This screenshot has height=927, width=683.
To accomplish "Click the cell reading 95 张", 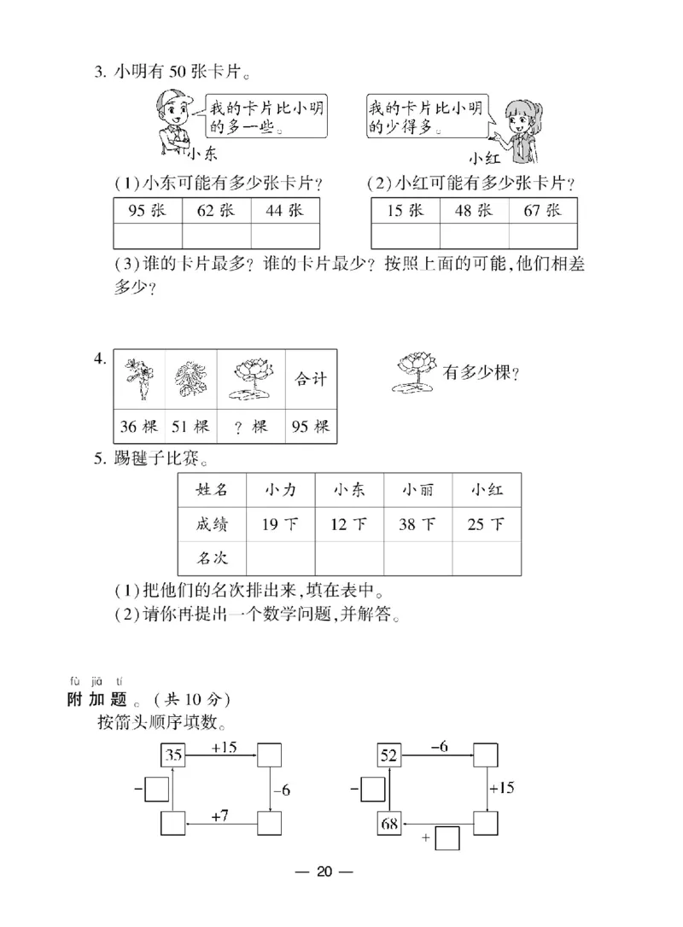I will pos(148,211).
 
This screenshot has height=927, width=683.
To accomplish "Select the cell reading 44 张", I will pos(285,211).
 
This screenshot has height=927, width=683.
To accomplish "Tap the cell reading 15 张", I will pos(406,211).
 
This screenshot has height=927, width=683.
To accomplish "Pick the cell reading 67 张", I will pos(543,211).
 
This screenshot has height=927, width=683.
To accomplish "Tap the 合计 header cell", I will pos(310,378).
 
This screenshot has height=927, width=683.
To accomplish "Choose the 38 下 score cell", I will pos(417,523).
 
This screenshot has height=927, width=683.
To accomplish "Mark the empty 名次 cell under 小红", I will pos(486,558).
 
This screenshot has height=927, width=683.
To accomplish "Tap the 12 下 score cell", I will pos(348,523).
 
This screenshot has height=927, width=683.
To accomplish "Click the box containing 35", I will pos(173,755).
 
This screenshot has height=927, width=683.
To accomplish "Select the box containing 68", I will pos(388,824).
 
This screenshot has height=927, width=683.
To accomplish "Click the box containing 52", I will pos(388,755).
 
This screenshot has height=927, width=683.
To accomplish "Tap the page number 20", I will pos(324,872).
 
